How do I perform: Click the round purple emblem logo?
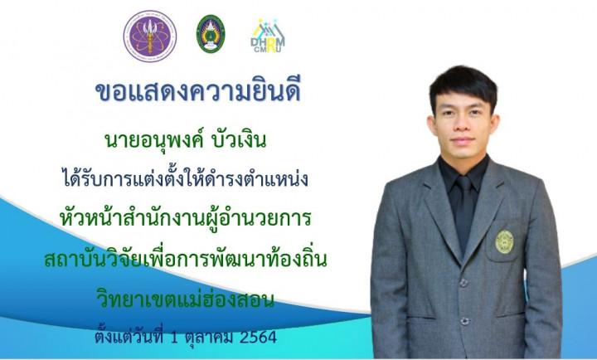pyautogui.click(x=150, y=36)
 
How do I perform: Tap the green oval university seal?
pyautogui.click(x=211, y=34)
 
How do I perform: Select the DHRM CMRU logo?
pyautogui.click(x=268, y=36)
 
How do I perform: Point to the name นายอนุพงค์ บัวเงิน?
pyautogui.click(x=186, y=141)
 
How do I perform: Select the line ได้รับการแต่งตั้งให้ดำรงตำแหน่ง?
pyautogui.click(x=186, y=178)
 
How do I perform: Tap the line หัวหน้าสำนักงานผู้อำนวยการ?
pyautogui.click(x=186, y=218)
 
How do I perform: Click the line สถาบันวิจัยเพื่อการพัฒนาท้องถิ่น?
pyautogui.click(x=186, y=259)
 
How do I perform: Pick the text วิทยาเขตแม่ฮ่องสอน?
pyautogui.click(x=186, y=299)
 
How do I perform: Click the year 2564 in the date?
pyautogui.click(x=258, y=338)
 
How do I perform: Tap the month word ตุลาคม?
pyautogui.click(x=209, y=338)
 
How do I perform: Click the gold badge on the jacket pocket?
pyautogui.click(x=504, y=242)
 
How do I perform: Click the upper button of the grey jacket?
pyautogui.click(x=464, y=283)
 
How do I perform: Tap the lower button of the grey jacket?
pyautogui.click(x=464, y=321)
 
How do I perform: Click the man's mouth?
pyautogui.click(x=462, y=140)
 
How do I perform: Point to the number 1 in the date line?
pyautogui.click(x=174, y=338)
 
